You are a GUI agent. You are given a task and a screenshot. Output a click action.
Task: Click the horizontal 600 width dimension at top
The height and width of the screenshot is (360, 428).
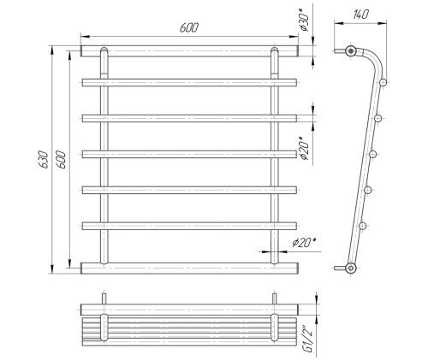(189, 27)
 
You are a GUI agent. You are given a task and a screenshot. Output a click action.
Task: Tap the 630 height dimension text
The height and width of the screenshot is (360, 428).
(44, 160)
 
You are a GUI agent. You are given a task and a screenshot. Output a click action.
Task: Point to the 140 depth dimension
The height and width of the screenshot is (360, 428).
(361, 15)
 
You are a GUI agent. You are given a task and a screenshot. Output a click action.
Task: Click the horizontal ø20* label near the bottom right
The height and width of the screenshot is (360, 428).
(304, 243)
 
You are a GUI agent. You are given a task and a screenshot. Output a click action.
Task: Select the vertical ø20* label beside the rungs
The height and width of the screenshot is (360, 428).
(304, 148)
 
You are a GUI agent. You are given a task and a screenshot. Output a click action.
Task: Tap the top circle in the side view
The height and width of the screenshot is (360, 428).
(351, 51)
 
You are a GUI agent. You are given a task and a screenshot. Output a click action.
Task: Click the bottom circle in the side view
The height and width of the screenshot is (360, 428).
(351, 268)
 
